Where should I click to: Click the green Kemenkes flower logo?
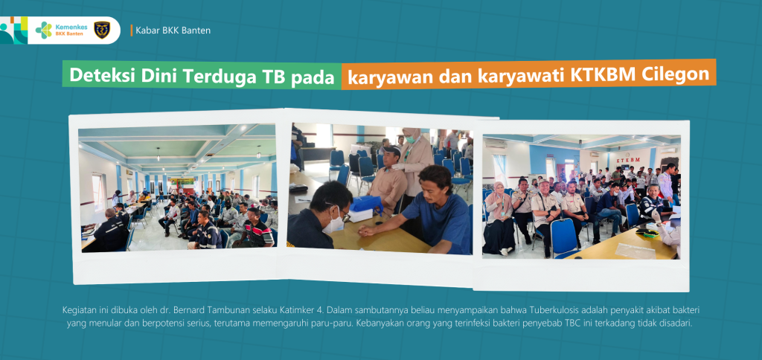(x=44, y=30)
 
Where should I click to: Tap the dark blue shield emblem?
(x=101, y=30)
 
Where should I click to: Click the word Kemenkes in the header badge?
(x=71, y=27)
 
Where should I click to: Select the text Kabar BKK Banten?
(x=173, y=30)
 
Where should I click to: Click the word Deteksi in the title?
(x=97, y=77)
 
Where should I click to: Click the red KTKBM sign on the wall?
(x=629, y=160)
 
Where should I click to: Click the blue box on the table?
(x=367, y=204)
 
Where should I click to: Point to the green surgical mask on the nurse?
(x=411, y=139)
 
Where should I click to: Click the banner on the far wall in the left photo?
(x=180, y=181)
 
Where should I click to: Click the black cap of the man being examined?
(x=391, y=151)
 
